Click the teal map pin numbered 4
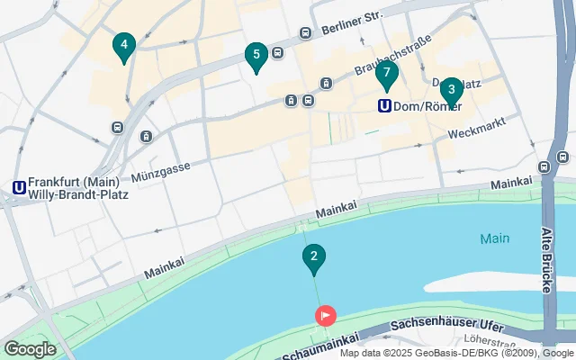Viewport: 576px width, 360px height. [x=124, y=45]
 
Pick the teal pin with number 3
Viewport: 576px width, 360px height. [x=451, y=90]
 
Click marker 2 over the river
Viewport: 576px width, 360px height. [x=313, y=258]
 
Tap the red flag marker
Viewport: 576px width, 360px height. [x=325, y=315]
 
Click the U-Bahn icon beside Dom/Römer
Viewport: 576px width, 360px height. [x=384, y=105]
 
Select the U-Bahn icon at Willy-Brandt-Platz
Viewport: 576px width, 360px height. [x=18, y=187]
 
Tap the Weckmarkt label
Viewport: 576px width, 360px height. [x=472, y=132]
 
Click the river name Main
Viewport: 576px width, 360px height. [x=494, y=238]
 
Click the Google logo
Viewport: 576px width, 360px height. [x=30, y=349]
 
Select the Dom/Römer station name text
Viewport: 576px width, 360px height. [x=428, y=106]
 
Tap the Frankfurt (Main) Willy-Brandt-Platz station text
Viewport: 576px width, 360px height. [x=78, y=187]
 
